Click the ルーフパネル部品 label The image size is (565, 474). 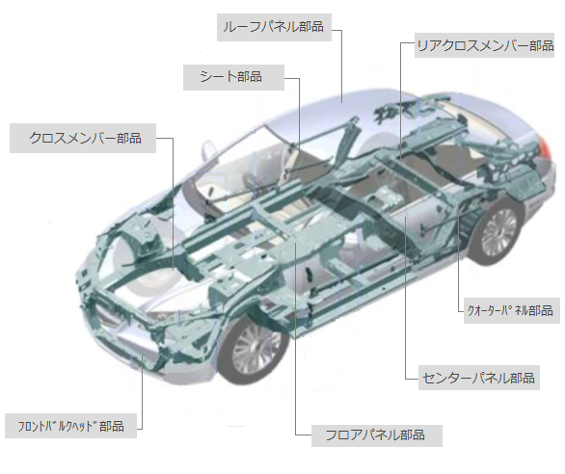274,27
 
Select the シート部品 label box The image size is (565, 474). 233,77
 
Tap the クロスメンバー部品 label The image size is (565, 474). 83,139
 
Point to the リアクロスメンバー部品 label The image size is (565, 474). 484,45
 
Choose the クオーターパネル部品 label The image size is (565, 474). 511,310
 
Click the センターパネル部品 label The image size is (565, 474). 478,378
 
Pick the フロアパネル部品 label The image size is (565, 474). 377,435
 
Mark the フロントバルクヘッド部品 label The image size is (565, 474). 71,426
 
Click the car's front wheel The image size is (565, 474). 255,349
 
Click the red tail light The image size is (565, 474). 545,147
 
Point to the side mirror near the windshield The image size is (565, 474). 208,150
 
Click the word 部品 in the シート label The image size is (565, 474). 250,77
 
